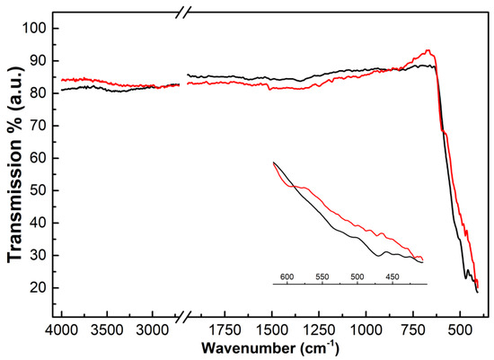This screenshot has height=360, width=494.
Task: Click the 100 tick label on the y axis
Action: (x=34, y=28)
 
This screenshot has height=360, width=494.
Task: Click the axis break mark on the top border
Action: (x=182, y=13)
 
